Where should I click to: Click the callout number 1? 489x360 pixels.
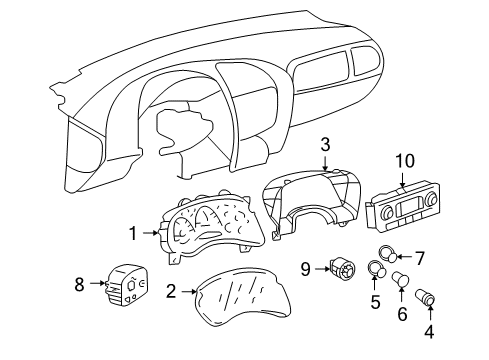[132, 234]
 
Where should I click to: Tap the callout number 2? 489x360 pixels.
[171, 292]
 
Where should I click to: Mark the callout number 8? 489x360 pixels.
[80, 285]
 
